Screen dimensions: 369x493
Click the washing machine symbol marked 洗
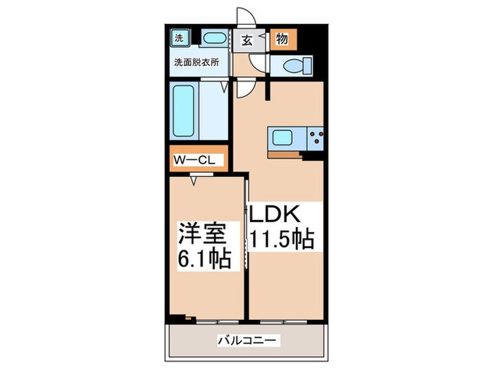tap(179, 38)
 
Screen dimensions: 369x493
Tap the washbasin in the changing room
tap(213, 39)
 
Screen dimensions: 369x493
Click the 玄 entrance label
tap(249, 39)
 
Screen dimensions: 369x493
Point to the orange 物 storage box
tap(282, 39)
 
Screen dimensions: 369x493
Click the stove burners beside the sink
tap(315, 138)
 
